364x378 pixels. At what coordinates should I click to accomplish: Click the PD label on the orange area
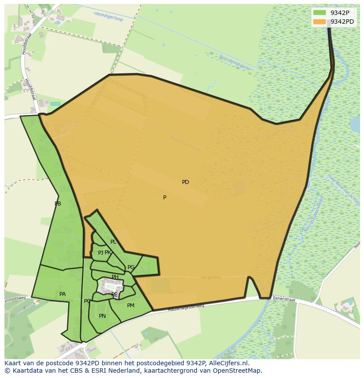(186, 182)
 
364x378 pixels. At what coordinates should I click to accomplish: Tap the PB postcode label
(58, 204)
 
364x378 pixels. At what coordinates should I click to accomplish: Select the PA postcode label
(62, 294)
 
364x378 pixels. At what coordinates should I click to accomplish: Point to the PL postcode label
(113, 242)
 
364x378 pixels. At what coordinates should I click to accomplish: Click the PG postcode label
(131, 267)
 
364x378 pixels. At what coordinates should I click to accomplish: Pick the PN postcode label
(102, 316)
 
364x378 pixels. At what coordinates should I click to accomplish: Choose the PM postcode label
(131, 306)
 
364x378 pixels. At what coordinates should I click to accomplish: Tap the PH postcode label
(115, 277)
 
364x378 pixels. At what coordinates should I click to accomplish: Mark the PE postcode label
(114, 295)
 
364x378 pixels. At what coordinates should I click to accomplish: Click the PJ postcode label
(100, 253)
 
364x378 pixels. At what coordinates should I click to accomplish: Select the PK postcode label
(108, 252)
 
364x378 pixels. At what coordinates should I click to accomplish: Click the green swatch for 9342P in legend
(320, 13)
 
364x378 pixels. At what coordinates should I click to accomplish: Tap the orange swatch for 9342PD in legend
(320, 22)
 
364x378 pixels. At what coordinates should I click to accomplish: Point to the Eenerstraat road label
(284, 299)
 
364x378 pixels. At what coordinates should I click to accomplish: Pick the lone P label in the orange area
(165, 198)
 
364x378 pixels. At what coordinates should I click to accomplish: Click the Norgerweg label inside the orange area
(210, 277)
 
